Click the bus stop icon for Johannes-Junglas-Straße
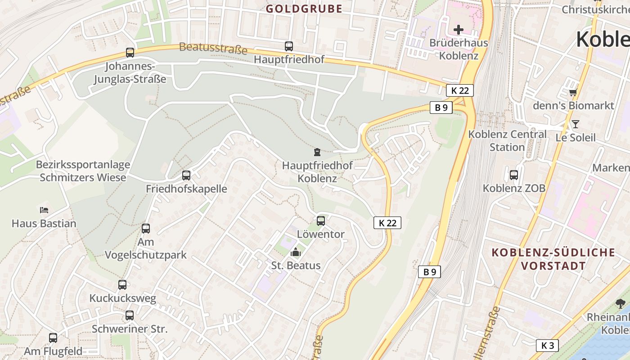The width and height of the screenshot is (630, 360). pyautogui.click(x=130, y=53)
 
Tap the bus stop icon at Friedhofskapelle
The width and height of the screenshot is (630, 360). pyautogui.click(x=186, y=175)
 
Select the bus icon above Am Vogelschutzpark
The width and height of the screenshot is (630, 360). pyautogui.click(x=146, y=228)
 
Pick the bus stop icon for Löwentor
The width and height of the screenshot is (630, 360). pyautogui.click(x=321, y=220)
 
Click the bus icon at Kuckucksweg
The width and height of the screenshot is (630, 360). pyautogui.click(x=122, y=284)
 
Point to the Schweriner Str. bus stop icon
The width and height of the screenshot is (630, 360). pyautogui.click(x=130, y=315)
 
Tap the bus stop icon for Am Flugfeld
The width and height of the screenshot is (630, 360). pyautogui.click(x=53, y=337)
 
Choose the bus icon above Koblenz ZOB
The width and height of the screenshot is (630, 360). pyautogui.click(x=514, y=175)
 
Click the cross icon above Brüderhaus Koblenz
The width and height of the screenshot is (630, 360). pyautogui.click(x=459, y=30)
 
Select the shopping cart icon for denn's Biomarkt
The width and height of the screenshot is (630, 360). pyautogui.click(x=573, y=92)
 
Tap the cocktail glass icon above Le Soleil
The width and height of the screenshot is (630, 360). pyautogui.click(x=575, y=124)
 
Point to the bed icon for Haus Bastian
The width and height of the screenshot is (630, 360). pyautogui.click(x=44, y=210)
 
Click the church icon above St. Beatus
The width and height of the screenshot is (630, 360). pyautogui.click(x=296, y=252)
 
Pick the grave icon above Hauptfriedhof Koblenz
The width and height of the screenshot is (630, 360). pyautogui.click(x=317, y=152)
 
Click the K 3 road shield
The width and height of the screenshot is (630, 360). pyautogui.click(x=547, y=345)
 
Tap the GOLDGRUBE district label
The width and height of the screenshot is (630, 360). pyautogui.click(x=304, y=9)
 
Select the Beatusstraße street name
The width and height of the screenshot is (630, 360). pyautogui.click(x=213, y=48)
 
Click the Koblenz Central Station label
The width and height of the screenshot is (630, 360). pyautogui.click(x=507, y=140)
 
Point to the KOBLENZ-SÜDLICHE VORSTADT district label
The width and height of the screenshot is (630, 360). pyautogui.click(x=553, y=259)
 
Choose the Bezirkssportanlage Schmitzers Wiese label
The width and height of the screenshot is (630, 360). pyautogui.click(x=83, y=171)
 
